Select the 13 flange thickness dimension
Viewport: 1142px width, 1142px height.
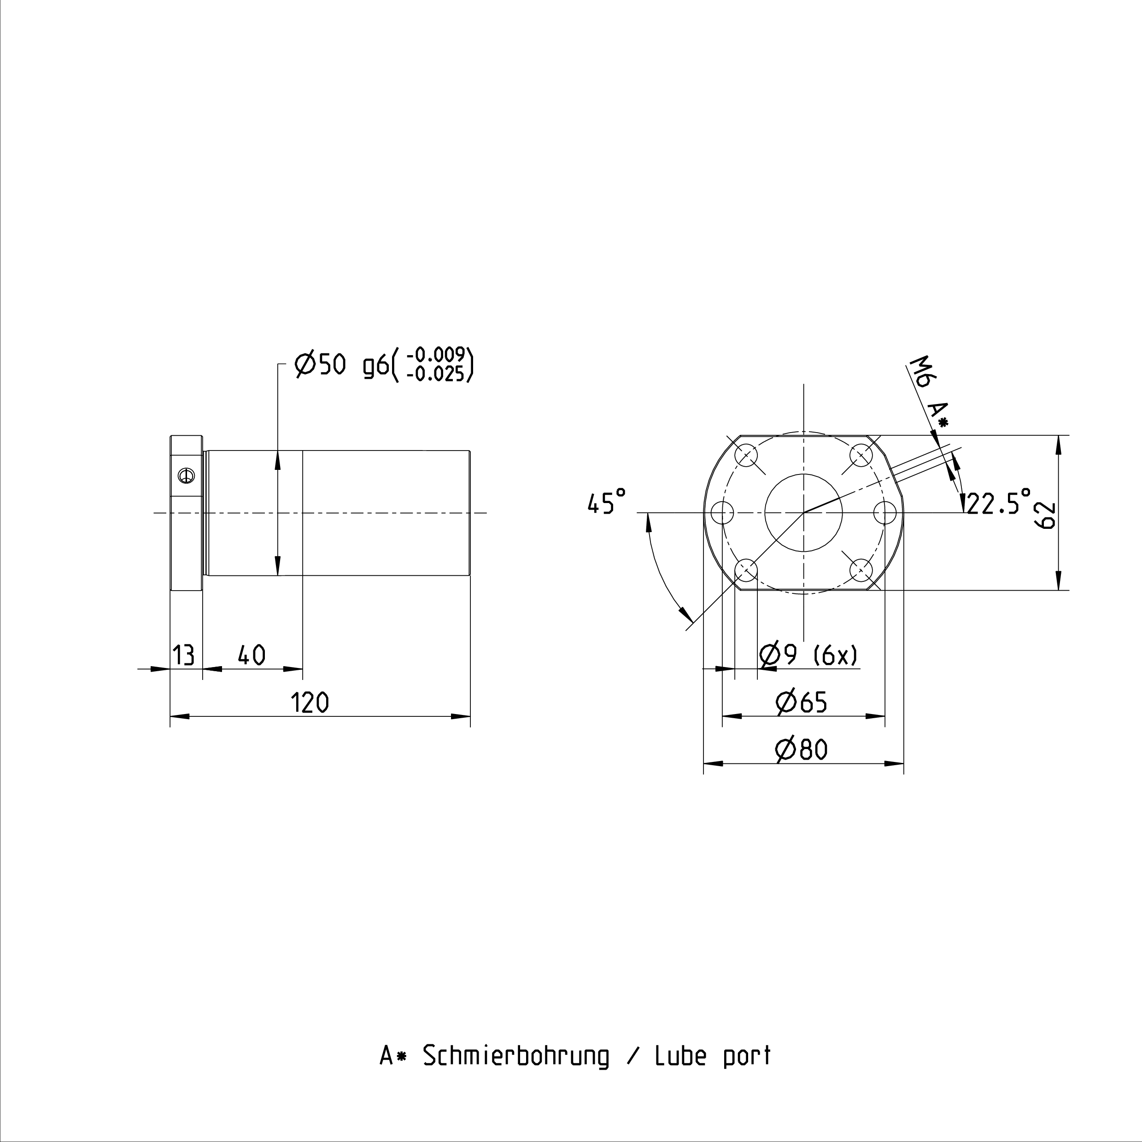pos(184,655)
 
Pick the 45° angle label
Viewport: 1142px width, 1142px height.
pos(606,501)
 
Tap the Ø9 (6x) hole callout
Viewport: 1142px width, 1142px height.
pos(808,655)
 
